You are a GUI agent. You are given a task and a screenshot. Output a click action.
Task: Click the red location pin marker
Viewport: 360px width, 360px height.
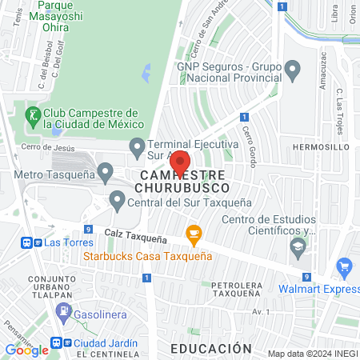179,162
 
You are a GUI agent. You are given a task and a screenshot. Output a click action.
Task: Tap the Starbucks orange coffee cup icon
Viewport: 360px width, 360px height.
193,234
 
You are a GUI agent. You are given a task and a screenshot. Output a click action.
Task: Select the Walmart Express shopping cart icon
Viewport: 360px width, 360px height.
345,267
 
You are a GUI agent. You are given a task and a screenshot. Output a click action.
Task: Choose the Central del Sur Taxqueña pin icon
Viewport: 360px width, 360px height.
118,198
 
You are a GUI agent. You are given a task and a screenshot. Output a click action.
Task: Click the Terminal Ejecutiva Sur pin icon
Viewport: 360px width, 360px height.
137,146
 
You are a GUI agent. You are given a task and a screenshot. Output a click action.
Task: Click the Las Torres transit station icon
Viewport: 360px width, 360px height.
29,242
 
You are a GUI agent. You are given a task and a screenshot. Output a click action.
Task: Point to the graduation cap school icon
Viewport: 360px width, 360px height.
298,248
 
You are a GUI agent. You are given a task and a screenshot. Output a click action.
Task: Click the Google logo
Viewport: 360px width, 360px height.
26,350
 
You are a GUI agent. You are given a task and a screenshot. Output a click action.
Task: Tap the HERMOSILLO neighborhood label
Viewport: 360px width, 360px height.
321,148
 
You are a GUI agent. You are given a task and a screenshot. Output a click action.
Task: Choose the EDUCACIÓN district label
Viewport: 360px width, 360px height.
211,348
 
